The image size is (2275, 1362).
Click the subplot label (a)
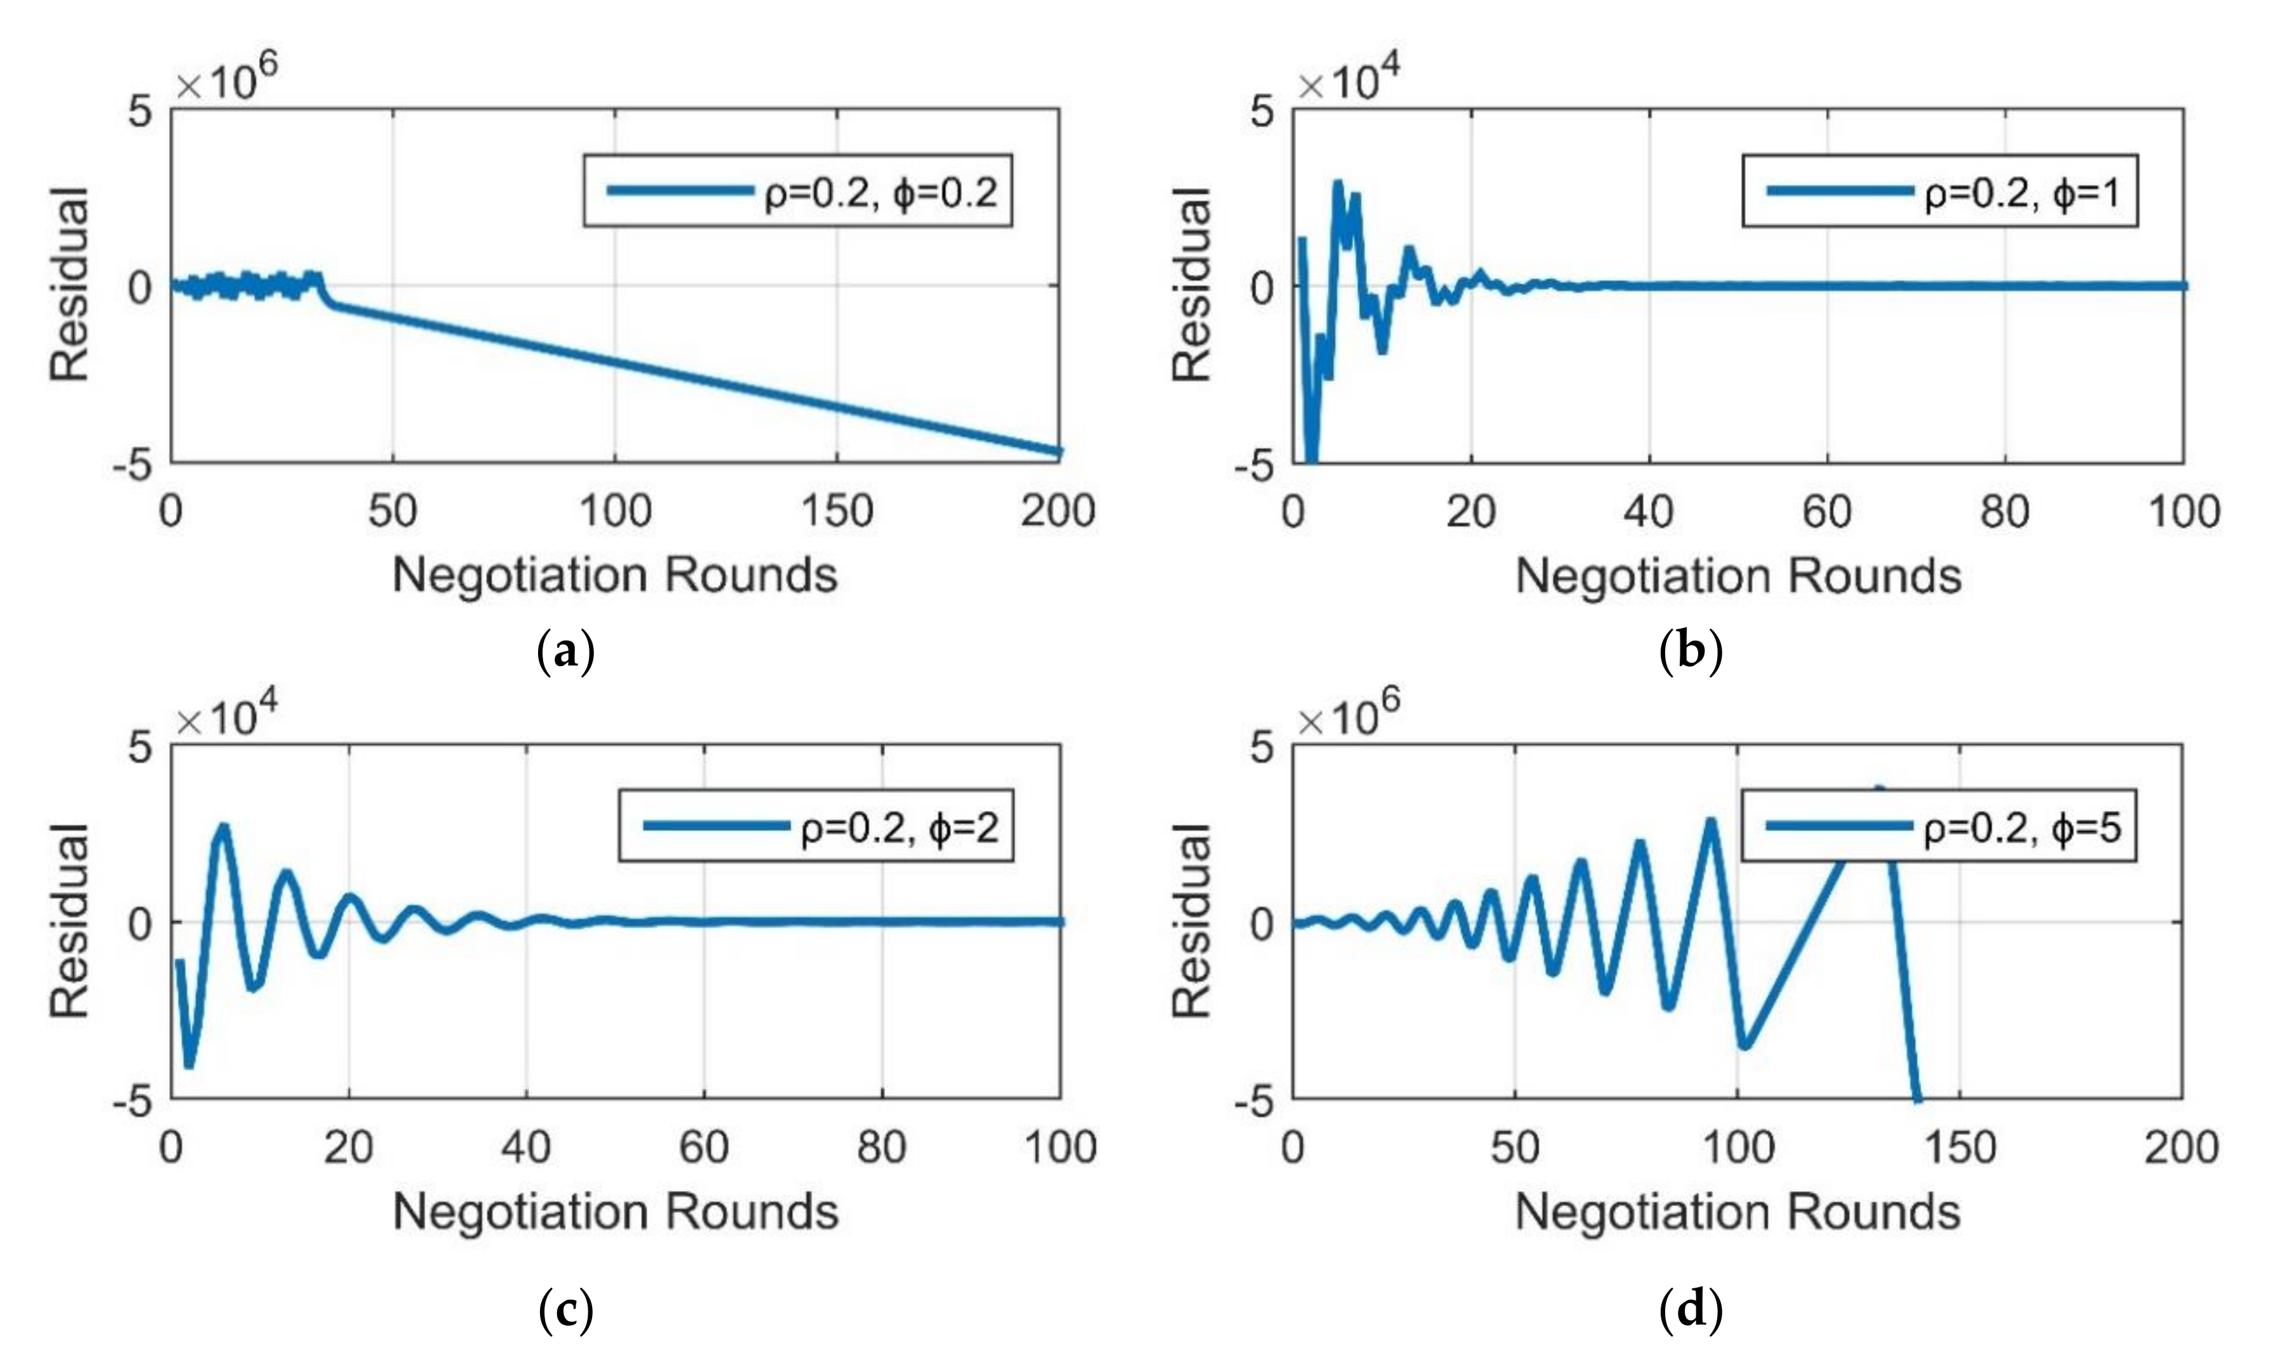click(565, 653)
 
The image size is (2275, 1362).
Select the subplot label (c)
click(565, 1311)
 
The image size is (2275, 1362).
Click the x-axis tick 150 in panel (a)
click(837, 511)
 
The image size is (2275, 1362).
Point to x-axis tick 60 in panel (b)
click(1826, 511)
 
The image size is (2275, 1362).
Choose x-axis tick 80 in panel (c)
click(881, 1147)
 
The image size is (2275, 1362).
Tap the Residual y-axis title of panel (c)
click(70, 921)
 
